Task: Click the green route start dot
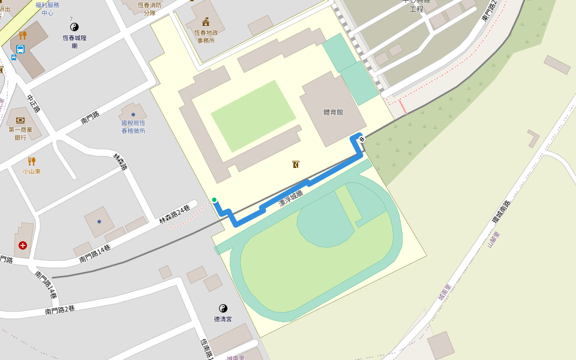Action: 214,200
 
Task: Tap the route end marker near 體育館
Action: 362,139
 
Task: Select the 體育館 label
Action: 333,112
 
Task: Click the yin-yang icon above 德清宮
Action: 223,308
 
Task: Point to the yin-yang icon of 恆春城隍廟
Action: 74,27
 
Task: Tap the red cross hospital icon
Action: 23,245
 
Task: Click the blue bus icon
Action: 20,49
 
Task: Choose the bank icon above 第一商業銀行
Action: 20,120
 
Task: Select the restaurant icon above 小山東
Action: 32,161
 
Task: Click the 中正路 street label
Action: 34,103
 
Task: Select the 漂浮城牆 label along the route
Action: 291,198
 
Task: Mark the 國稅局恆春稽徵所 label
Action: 133,127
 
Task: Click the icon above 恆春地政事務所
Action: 206,22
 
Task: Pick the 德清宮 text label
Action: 223,319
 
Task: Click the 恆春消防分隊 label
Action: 150,8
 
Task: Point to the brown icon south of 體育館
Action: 296,164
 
